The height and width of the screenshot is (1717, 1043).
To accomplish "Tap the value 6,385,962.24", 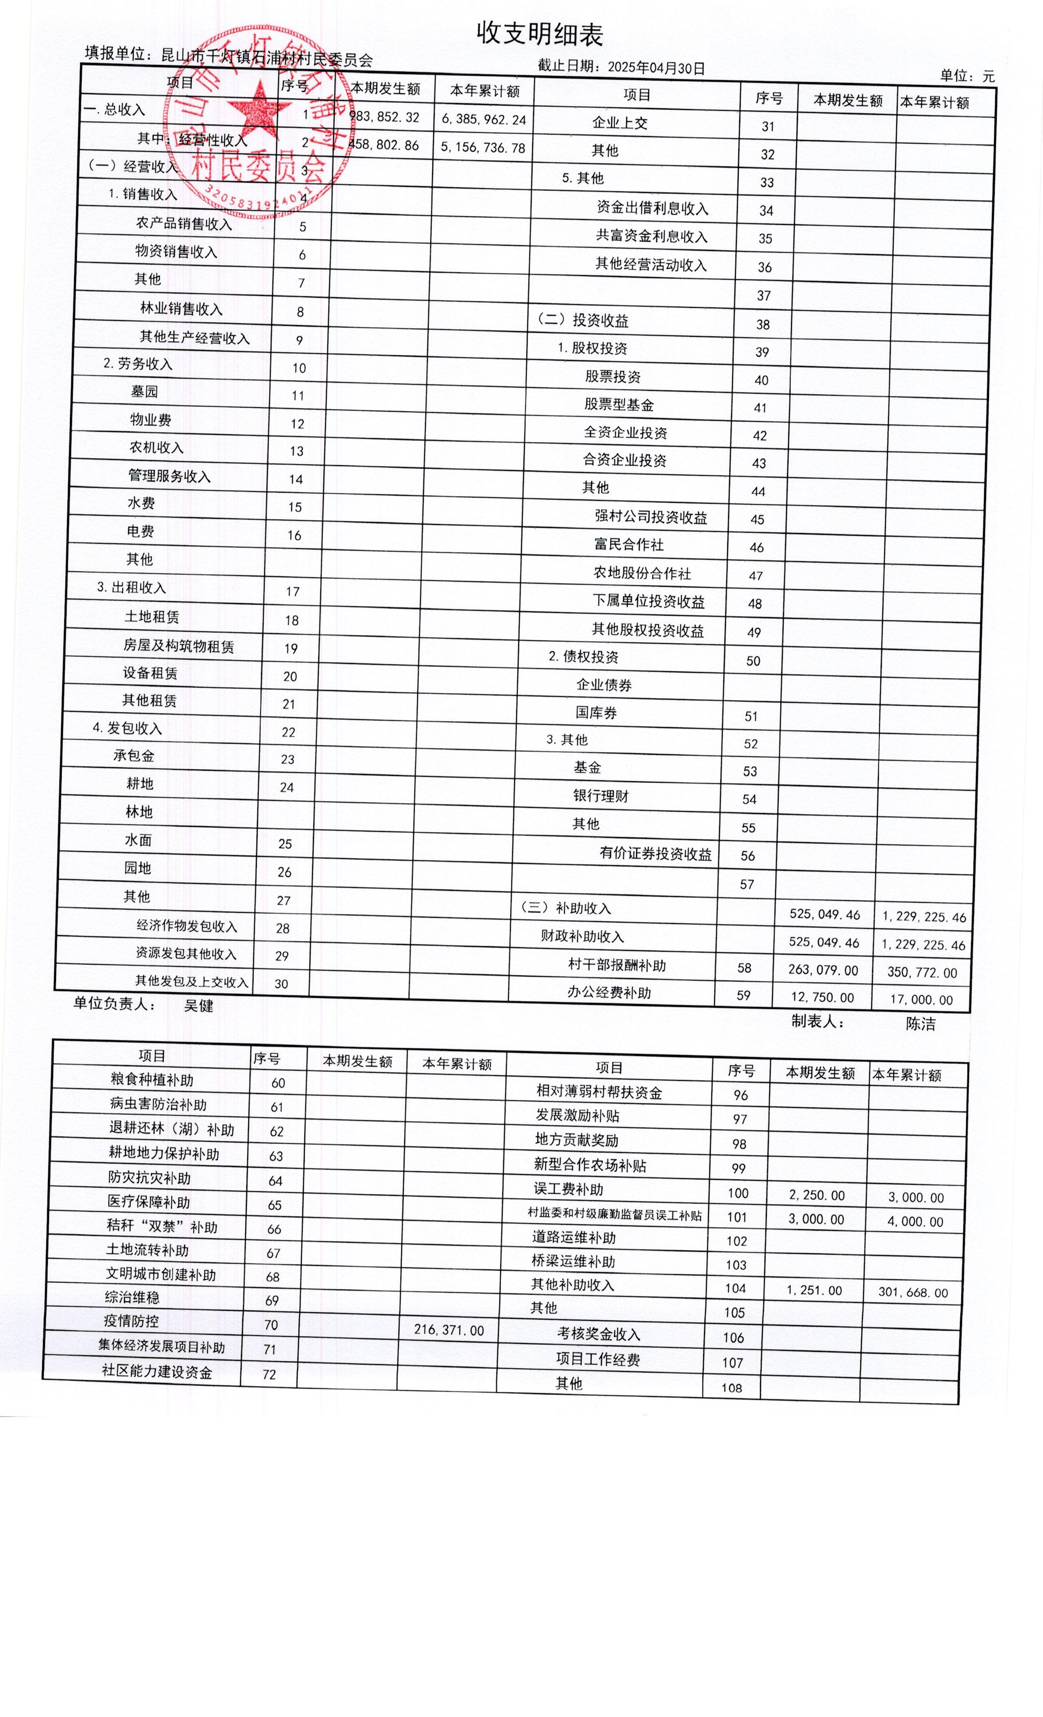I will pos(483,119).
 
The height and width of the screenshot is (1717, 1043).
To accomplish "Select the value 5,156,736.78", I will pos(482,148).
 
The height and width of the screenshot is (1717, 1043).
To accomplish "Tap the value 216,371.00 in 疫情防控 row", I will pos(448,1329).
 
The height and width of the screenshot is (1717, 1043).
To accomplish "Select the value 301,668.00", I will pos(913,1292).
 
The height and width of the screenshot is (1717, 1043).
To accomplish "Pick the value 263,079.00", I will pos(823,969).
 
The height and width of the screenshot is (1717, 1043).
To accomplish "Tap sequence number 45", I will pos(757,520).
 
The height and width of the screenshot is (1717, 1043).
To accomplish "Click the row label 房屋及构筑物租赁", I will pos(179,646).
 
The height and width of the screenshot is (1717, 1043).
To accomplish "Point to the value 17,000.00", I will pos(920,999).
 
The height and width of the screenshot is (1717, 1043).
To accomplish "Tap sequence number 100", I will pos(738,1193).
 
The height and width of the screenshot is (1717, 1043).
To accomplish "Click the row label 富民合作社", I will pos(628,545).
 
